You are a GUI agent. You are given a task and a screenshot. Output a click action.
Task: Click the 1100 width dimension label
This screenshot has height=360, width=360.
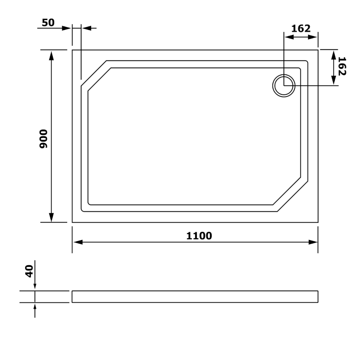[x=199, y=236]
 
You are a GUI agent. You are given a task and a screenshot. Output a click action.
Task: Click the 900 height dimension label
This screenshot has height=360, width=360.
[x=43, y=139]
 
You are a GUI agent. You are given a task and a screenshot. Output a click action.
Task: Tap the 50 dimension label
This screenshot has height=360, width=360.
[x=48, y=22]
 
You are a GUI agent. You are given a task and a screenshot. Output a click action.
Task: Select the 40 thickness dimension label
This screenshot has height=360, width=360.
[x=29, y=271]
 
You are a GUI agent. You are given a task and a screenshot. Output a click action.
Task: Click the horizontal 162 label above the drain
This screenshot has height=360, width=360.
[x=301, y=28]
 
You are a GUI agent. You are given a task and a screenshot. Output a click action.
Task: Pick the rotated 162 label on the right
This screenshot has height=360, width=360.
[x=342, y=66]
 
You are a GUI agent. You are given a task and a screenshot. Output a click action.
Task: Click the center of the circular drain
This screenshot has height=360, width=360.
[x=284, y=86]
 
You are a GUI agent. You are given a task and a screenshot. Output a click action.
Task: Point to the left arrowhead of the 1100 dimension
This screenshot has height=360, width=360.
[x=78, y=242]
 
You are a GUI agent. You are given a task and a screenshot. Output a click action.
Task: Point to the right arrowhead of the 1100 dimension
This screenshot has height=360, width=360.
[x=313, y=242]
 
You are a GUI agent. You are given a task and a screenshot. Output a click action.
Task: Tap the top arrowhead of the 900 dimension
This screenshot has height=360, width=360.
[x=52, y=56]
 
